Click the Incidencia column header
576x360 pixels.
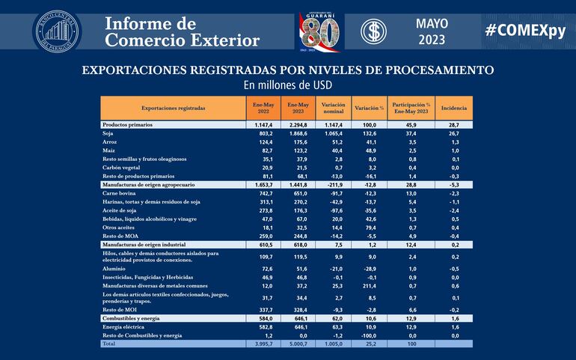pyautogui.click(x=454, y=108)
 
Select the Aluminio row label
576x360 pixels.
pyautogui.click(x=114, y=267)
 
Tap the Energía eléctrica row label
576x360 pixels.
pyautogui.click(x=124, y=327)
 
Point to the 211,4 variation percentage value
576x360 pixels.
pyautogui.click(x=370, y=285)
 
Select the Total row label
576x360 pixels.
pyautogui.click(x=111, y=344)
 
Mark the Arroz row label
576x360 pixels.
pyautogui.click(x=110, y=141)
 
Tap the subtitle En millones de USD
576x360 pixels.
pyautogui.click(x=287, y=85)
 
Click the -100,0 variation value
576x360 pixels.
pyautogui.click(x=370, y=335)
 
